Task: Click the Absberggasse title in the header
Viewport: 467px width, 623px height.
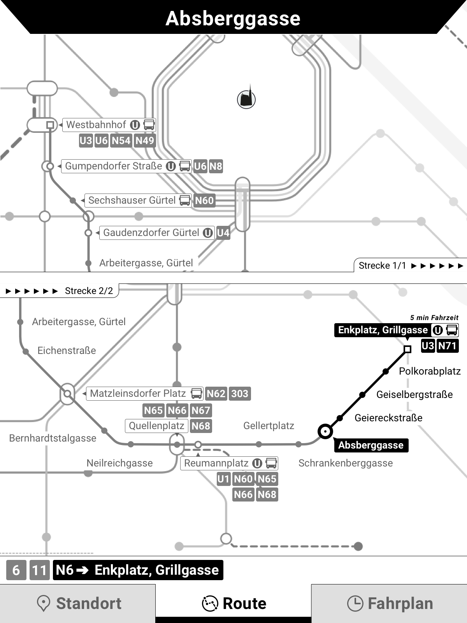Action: [233, 18]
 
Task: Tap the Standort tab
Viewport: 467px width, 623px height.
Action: [78, 603]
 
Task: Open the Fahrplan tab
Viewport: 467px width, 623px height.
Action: [389, 603]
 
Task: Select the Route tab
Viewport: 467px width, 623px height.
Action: [233, 603]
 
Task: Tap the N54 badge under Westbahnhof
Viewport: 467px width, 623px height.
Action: [121, 141]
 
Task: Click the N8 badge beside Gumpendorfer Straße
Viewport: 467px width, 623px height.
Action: [216, 166]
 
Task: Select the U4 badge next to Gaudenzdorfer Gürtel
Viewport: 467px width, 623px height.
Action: [223, 233]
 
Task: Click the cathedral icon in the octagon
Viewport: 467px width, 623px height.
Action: [246, 99]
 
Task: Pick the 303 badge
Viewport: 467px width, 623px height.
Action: [240, 394]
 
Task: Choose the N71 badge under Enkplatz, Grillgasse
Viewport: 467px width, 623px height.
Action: [447, 346]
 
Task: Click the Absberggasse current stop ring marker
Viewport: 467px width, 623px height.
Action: [325, 431]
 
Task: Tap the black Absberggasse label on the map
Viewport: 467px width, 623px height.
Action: [370, 445]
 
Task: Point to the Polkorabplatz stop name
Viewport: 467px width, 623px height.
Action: [430, 371]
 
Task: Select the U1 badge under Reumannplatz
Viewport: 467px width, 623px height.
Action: [223, 479]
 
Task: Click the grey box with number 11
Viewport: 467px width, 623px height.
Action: [39, 570]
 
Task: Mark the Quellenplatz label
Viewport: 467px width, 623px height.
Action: [156, 426]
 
